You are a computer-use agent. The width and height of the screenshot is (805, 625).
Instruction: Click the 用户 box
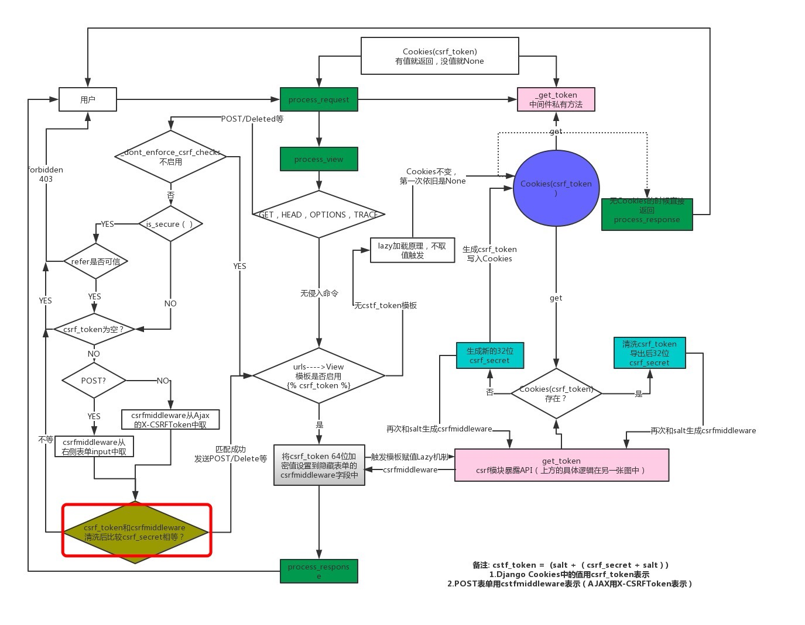tap(88, 99)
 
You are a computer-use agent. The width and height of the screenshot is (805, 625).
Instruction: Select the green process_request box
tap(318, 99)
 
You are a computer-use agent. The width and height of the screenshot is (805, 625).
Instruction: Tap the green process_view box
tap(318, 159)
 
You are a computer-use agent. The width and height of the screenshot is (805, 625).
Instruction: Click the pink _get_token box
tap(556, 99)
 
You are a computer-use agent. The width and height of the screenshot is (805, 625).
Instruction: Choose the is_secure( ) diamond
tap(170, 224)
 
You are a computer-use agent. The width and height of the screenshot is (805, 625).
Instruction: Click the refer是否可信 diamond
tap(95, 261)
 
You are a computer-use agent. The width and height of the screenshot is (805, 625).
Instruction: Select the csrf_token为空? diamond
tap(94, 329)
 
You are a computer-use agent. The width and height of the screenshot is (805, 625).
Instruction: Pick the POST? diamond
tap(94, 381)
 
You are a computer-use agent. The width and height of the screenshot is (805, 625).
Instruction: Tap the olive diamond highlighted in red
tap(136, 531)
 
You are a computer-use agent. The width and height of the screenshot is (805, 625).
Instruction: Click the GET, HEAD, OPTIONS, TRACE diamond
tap(318, 215)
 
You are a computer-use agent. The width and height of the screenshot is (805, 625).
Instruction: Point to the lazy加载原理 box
tap(412, 250)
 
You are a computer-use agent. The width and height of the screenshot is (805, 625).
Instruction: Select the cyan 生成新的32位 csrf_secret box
tap(489, 355)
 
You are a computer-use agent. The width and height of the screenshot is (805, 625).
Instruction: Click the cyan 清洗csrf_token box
tap(649, 353)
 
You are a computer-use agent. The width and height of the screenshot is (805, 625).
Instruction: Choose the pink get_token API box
tap(561, 465)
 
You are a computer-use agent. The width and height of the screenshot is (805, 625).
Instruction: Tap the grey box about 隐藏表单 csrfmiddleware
tap(319, 465)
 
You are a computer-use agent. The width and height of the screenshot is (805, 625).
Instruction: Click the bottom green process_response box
tap(319, 571)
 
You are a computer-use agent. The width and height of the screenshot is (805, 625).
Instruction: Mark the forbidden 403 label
tap(46, 174)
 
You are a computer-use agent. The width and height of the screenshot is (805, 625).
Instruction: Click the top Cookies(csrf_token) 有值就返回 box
tap(440, 56)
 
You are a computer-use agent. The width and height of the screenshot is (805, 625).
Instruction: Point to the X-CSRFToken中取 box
tap(170, 420)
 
